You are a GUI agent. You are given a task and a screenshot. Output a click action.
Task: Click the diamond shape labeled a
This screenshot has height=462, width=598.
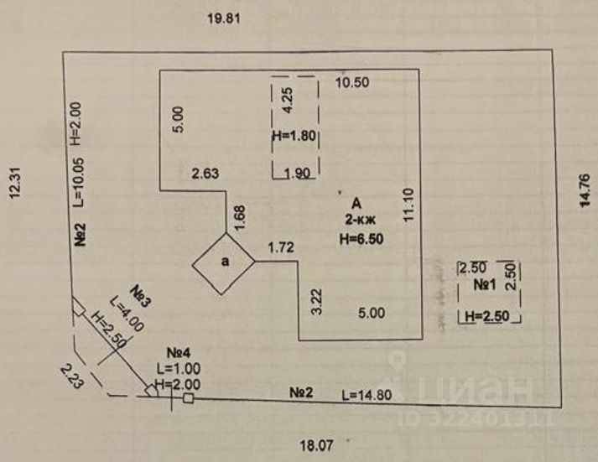[x=224, y=262]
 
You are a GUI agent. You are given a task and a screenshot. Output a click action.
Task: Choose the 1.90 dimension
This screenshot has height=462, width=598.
[x=298, y=174]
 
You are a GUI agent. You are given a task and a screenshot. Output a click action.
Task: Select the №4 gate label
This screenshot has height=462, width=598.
[x=177, y=354]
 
